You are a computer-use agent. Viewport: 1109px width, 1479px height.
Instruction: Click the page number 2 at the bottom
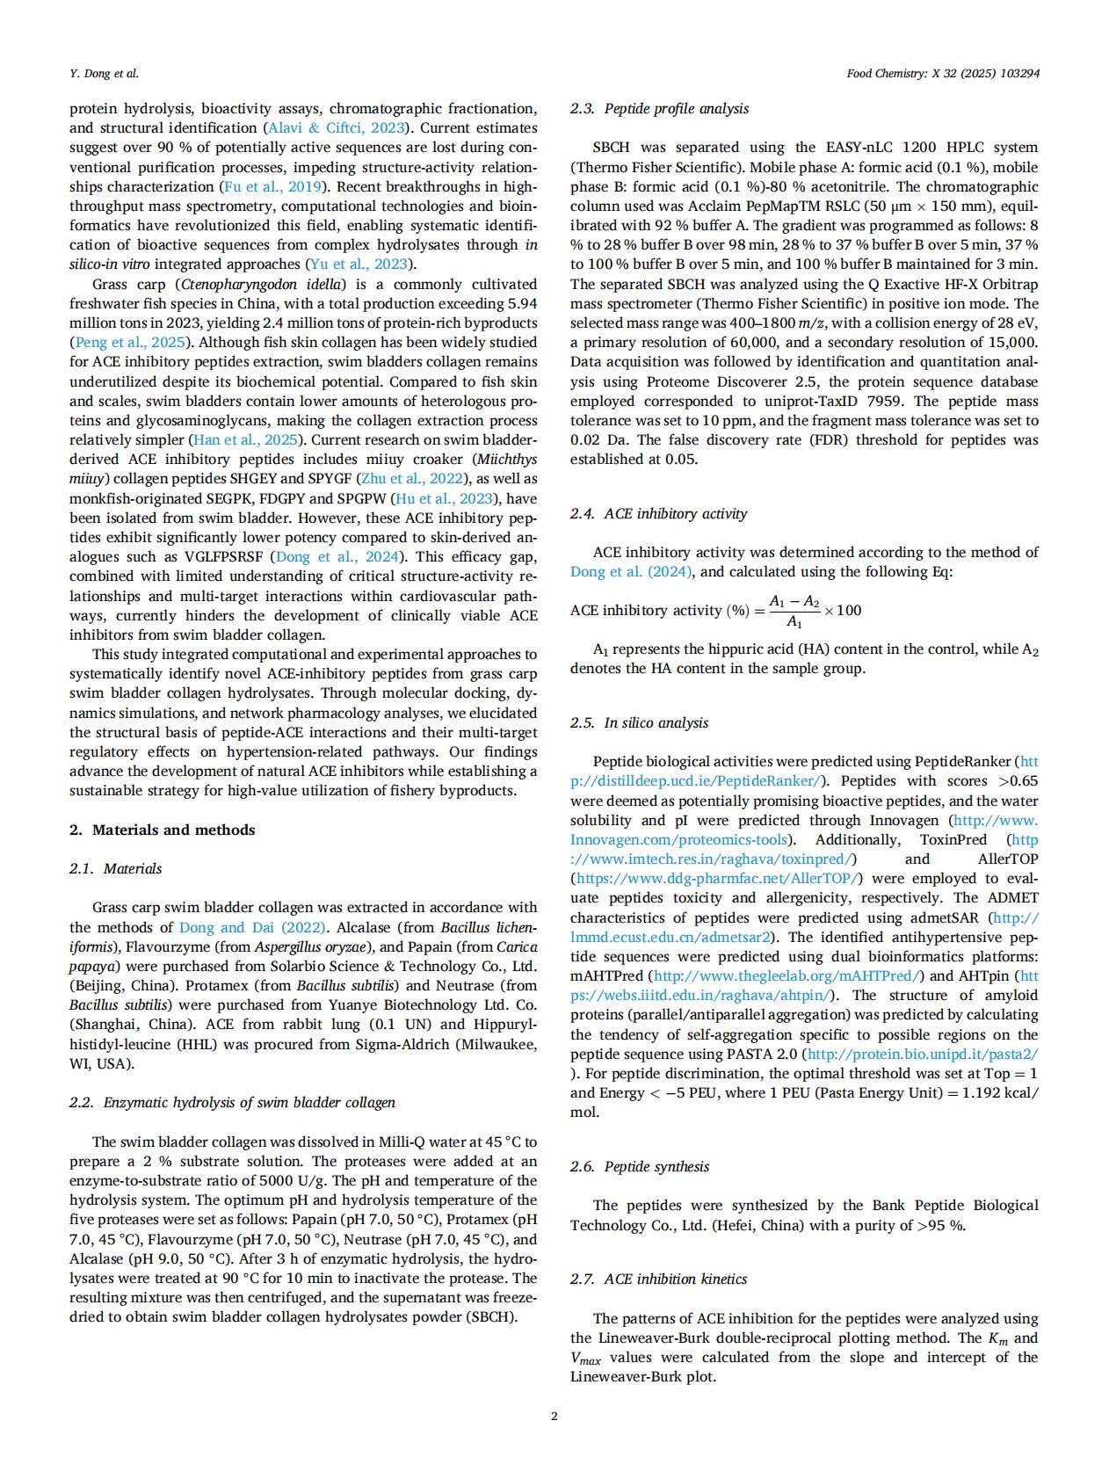point(554,1415)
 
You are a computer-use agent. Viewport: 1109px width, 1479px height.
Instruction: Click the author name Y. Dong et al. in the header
point(104,73)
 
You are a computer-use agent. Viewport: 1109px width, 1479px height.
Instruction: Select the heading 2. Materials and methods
point(163,830)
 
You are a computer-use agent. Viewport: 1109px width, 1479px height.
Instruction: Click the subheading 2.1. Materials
point(116,868)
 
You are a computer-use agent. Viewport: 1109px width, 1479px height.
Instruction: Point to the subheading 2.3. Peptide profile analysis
point(659,108)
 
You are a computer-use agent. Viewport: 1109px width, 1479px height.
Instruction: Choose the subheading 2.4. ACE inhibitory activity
point(658,513)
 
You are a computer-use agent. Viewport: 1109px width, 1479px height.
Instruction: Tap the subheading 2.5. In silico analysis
point(639,722)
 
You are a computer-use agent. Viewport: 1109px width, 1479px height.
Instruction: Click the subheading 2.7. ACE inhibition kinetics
point(658,1279)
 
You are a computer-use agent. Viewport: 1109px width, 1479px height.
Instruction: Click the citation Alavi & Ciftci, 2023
point(336,127)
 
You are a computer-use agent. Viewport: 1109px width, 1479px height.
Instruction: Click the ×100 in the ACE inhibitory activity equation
point(843,610)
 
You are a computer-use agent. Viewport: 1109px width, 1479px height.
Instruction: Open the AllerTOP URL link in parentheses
point(716,878)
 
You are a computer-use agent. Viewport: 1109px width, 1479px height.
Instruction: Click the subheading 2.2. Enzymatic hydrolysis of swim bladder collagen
point(232,1102)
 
